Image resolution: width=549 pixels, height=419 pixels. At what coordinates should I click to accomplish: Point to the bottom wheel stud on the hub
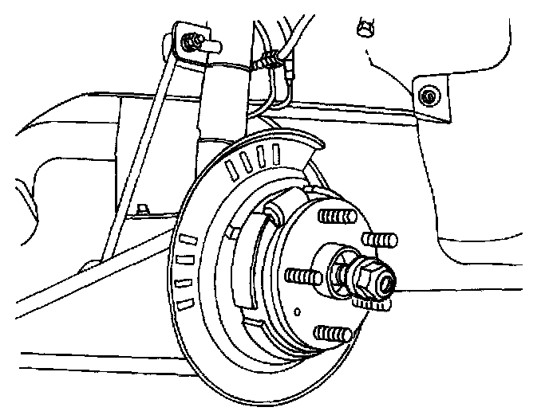pos(332,332)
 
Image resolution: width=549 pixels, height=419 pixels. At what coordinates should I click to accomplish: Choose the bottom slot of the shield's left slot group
pos(184,304)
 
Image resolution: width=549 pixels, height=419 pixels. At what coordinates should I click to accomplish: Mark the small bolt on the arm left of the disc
pos(140,210)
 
